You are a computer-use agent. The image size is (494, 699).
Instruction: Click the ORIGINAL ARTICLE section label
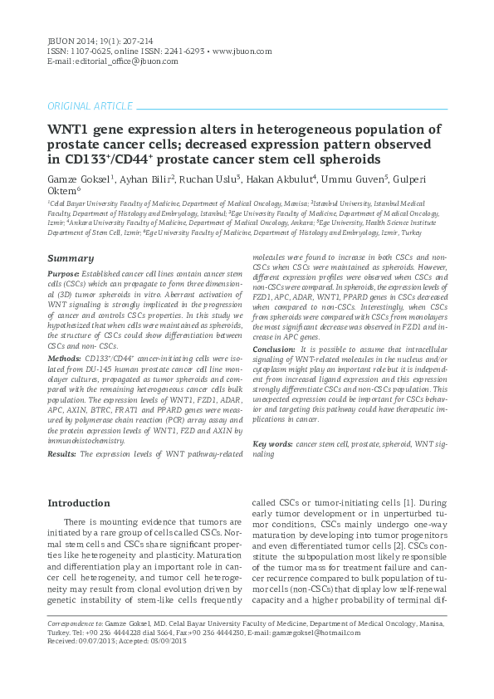pos(90,106)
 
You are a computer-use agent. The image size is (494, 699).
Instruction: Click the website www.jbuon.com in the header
pos(242,51)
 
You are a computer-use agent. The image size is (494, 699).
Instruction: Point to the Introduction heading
pos(79,503)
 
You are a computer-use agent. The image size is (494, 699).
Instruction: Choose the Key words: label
pos(272,445)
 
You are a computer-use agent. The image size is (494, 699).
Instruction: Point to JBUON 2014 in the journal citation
pos(71,40)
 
